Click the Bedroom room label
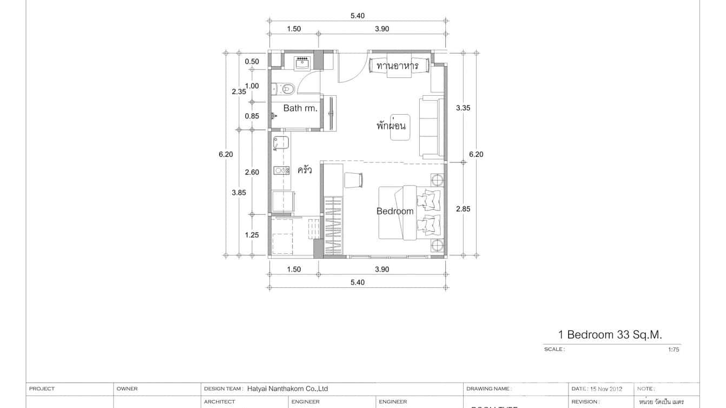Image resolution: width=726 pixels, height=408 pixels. click(394, 211)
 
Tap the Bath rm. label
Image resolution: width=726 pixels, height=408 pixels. click(300, 108)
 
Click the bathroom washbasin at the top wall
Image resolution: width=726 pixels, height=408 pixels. click(302, 63)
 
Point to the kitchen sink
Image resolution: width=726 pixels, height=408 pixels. click(281, 143)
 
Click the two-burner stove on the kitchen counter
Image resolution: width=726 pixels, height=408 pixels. click(281, 170)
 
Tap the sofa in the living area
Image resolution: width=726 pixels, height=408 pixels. click(431, 127)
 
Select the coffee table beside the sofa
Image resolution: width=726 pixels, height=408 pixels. click(400, 128)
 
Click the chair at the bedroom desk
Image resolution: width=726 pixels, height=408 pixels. click(353, 180)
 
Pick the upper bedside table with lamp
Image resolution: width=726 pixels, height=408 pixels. click(437, 180)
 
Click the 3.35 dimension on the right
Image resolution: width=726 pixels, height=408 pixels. click(463, 108)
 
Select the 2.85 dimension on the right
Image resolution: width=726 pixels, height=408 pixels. click(463, 209)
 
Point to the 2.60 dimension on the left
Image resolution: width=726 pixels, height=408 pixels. click(252, 172)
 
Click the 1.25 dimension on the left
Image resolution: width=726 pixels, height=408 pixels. click(252, 235)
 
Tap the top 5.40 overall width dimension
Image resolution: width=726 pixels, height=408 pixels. click(357, 16)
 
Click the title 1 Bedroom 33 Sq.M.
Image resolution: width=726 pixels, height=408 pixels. click(610, 335)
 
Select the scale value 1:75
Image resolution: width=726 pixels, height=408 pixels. click(673, 350)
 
